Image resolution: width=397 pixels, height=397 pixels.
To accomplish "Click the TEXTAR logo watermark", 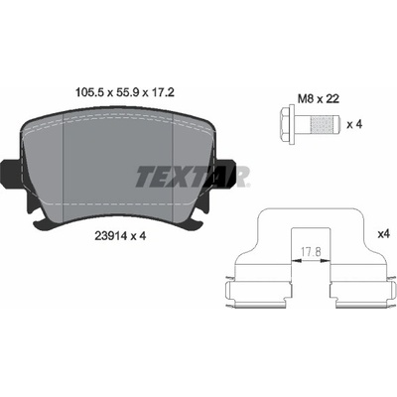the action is pyautogui.click(x=193, y=177).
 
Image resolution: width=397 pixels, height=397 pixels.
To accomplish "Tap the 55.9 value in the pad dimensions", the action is pyautogui.click(x=126, y=92).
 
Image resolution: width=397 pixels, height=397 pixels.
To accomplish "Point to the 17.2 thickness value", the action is pyautogui.click(x=162, y=92).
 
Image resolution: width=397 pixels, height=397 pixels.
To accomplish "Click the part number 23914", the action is pyautogui.click(x=106, y=236).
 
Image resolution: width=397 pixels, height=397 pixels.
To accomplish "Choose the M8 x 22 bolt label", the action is pyautogui.click(x=319, y=99).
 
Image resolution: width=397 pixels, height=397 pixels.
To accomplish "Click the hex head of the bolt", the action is pyautogui.click(x=288, y=125).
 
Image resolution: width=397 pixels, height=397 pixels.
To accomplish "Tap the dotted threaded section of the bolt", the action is pyautogui.click(x=321, y=125).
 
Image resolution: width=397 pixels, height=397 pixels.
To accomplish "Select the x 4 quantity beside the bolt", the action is pyautogui.click(x=354, y=125).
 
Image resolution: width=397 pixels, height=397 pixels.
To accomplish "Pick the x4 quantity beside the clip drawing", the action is pyautogui.click(x=384, y=234).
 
